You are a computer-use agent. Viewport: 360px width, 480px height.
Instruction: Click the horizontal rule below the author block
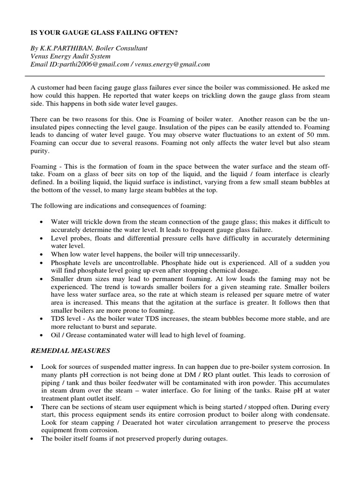click(174, 75)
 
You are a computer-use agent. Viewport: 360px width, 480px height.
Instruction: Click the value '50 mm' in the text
click(318, 135)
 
